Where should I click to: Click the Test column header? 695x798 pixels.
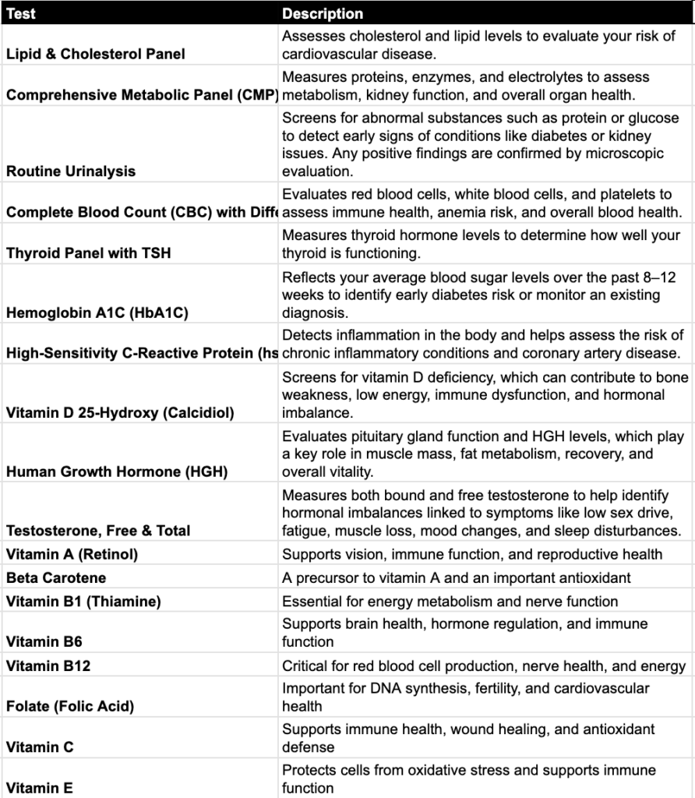point(21,13)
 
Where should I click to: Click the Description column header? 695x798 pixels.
point(323,13)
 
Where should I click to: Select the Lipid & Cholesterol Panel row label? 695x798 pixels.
point(96,54)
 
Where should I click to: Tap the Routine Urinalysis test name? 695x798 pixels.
point(71,171)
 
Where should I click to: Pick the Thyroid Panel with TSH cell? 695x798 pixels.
point(88,252)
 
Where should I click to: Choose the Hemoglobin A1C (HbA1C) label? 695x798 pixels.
point(97,312)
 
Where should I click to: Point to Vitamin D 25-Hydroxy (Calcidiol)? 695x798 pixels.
point(120,412)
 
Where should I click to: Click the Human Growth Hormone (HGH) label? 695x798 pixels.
point(117,471)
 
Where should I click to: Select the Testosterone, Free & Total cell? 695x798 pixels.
point(98,531)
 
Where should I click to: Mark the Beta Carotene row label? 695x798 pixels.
point(56,577)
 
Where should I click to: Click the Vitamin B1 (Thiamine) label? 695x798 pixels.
point(83,601)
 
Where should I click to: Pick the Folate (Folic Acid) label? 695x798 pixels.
point(70,706)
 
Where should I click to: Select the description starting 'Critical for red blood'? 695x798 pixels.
point(483,666)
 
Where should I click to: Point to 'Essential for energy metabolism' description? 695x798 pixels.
point(450,601)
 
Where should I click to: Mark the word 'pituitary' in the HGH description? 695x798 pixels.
point(379,436)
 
